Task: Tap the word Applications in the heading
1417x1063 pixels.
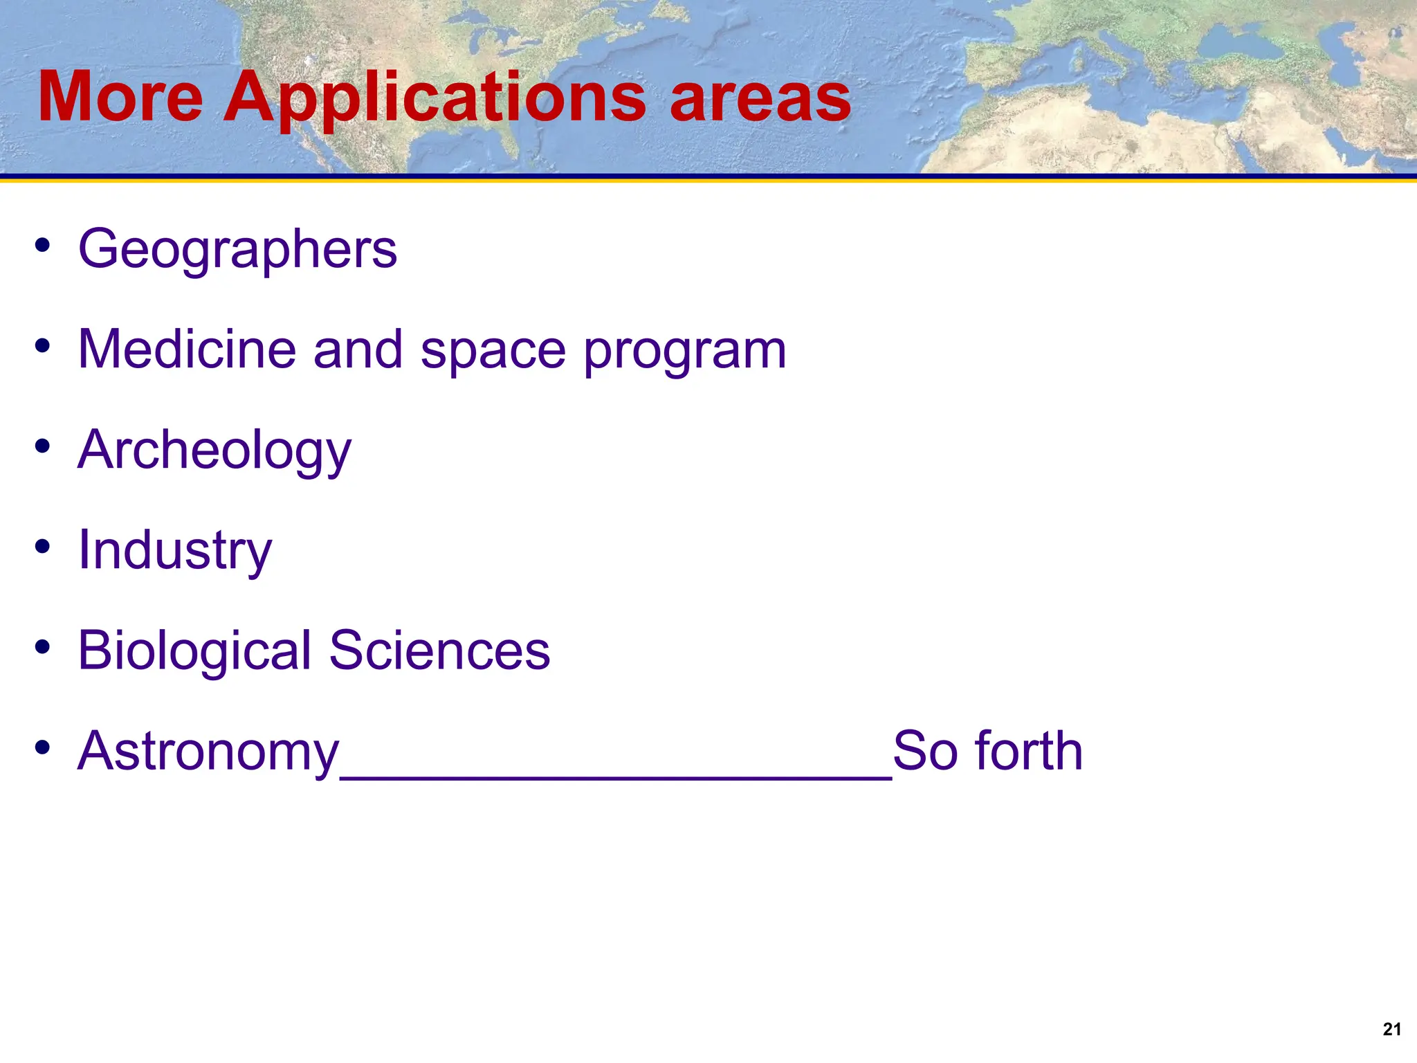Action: [x=435, y=98]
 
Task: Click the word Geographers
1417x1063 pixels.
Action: [x=237, y=249]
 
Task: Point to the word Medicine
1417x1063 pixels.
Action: [x=188, y=349]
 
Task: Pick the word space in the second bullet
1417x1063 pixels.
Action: [x=493, y=350]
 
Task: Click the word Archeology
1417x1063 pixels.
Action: [x=214, y=450]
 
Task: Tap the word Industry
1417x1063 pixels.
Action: [x=175, y=550]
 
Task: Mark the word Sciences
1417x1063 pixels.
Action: [x=439, y=651]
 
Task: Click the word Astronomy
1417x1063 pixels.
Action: [x=208, y=752]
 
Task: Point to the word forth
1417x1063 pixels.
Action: [x=1028, y=751]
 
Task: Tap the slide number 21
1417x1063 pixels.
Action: [x=1391, y=1029]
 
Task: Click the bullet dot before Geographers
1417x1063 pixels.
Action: [x=43, y=245]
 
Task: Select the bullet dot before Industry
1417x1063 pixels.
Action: [x=43, y=546]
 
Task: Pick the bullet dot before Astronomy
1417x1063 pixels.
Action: [x=43, y=747]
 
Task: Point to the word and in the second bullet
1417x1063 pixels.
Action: [x=358, y=349]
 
